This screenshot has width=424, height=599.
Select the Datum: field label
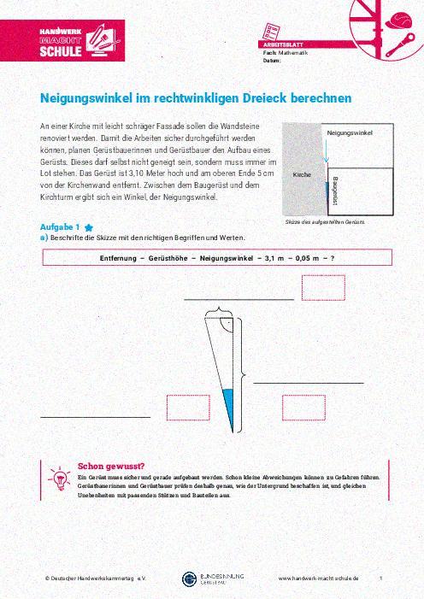point(274,61)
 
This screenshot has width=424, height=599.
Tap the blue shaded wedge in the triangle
point(228,403)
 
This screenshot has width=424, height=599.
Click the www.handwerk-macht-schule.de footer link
point(319,578)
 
